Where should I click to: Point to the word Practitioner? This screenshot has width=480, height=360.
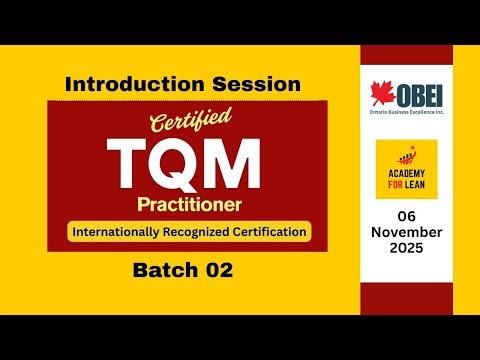pyautogui.click(x=189, y=205)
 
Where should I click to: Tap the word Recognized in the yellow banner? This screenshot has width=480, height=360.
pyautogui.click(x=200, y=232)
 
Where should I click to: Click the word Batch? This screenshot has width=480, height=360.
pyautogui.click(x=163, y=270)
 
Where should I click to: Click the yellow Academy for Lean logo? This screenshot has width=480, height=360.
pyautogui.click(x=406, y=168)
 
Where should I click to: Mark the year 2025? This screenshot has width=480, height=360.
pyautogui.click(x=406, y=246)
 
